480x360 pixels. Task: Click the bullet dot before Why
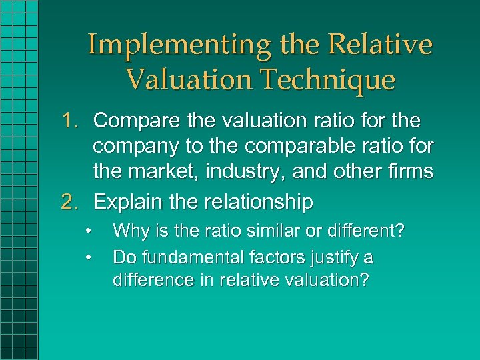tap(88, 231)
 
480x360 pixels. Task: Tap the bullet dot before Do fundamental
tap(88, 256)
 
